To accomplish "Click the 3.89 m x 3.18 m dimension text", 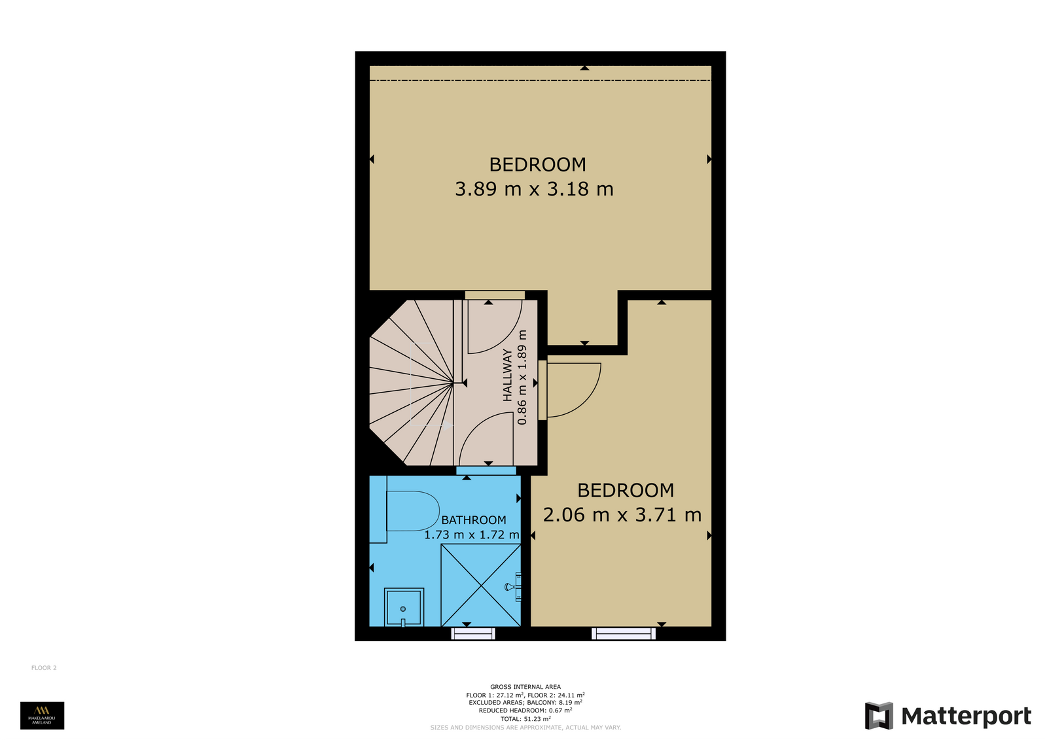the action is (x=534, y=189).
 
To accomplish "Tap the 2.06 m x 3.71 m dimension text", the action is (x=622, y=515).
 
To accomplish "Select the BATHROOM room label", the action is (x=474, y=520).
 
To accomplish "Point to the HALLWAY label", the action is (x=507, y=376).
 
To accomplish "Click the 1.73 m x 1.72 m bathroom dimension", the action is (x=472, y=535).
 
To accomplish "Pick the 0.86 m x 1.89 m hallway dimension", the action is (x=522, y=378).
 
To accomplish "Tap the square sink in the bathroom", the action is (x=404, y=607).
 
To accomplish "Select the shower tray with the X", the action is (x=481, y=586).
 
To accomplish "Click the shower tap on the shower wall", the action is (x=514, y=587).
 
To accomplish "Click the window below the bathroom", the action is (x=473, y=633).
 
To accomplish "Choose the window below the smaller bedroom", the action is (x=624, y=633).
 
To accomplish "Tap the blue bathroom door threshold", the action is (x=486, y=470).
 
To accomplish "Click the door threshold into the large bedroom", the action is (x=495, y=295).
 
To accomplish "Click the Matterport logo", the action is (x=948, y=716).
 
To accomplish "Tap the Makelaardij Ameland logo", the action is (x=42, y=716).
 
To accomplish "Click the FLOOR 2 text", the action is (x=44, y=668).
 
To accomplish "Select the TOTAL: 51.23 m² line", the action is (x=526, y=719).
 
